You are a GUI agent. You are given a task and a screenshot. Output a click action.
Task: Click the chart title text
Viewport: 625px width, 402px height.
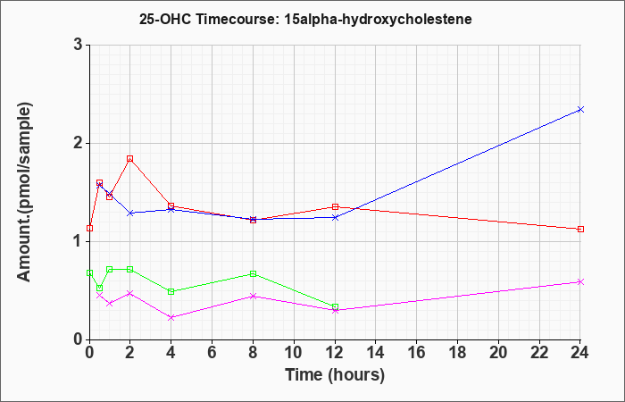coord(305,19)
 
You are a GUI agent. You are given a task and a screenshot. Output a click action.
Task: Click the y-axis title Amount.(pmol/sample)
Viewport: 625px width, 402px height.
coord(25,192)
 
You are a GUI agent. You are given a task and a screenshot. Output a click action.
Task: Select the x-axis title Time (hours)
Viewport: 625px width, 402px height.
coord(335,375)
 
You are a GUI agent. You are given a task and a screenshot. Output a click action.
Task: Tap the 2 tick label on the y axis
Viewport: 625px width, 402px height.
coord(79,143)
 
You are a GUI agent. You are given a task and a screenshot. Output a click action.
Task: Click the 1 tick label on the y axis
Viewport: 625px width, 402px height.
coord(79,242)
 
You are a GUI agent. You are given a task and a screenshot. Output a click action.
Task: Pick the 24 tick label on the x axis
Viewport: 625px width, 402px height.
coord(580,353)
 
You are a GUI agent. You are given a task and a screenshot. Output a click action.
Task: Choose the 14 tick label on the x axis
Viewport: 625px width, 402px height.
coord(376,353)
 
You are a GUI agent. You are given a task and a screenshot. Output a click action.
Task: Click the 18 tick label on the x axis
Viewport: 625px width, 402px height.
coord(457,353)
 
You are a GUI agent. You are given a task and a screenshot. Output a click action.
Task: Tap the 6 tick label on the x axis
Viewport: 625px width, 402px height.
coord(212,353)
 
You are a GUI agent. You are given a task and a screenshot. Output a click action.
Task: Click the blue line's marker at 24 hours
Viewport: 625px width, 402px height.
coord(580,109)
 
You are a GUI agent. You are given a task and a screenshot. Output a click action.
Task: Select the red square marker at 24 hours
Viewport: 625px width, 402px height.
coord(580,229)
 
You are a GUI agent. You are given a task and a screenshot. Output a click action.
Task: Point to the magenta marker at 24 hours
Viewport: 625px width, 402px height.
coord(580,282)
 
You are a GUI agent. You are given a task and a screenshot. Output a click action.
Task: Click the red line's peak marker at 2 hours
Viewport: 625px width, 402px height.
coord(130,159)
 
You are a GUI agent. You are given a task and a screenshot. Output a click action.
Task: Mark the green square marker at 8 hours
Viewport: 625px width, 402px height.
coord(253,274)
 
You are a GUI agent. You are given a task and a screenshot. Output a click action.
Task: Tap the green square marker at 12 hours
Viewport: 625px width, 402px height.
coord(335,306)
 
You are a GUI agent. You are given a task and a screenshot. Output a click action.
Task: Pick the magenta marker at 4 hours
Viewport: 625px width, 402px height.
coord(171,317)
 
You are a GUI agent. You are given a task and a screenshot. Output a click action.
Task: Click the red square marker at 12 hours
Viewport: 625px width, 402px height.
coord(335,206)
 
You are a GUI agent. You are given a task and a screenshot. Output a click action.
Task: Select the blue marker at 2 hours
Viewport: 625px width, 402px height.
coord(130,213)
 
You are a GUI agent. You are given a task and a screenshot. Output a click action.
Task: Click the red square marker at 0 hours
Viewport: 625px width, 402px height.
coord(89,228)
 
